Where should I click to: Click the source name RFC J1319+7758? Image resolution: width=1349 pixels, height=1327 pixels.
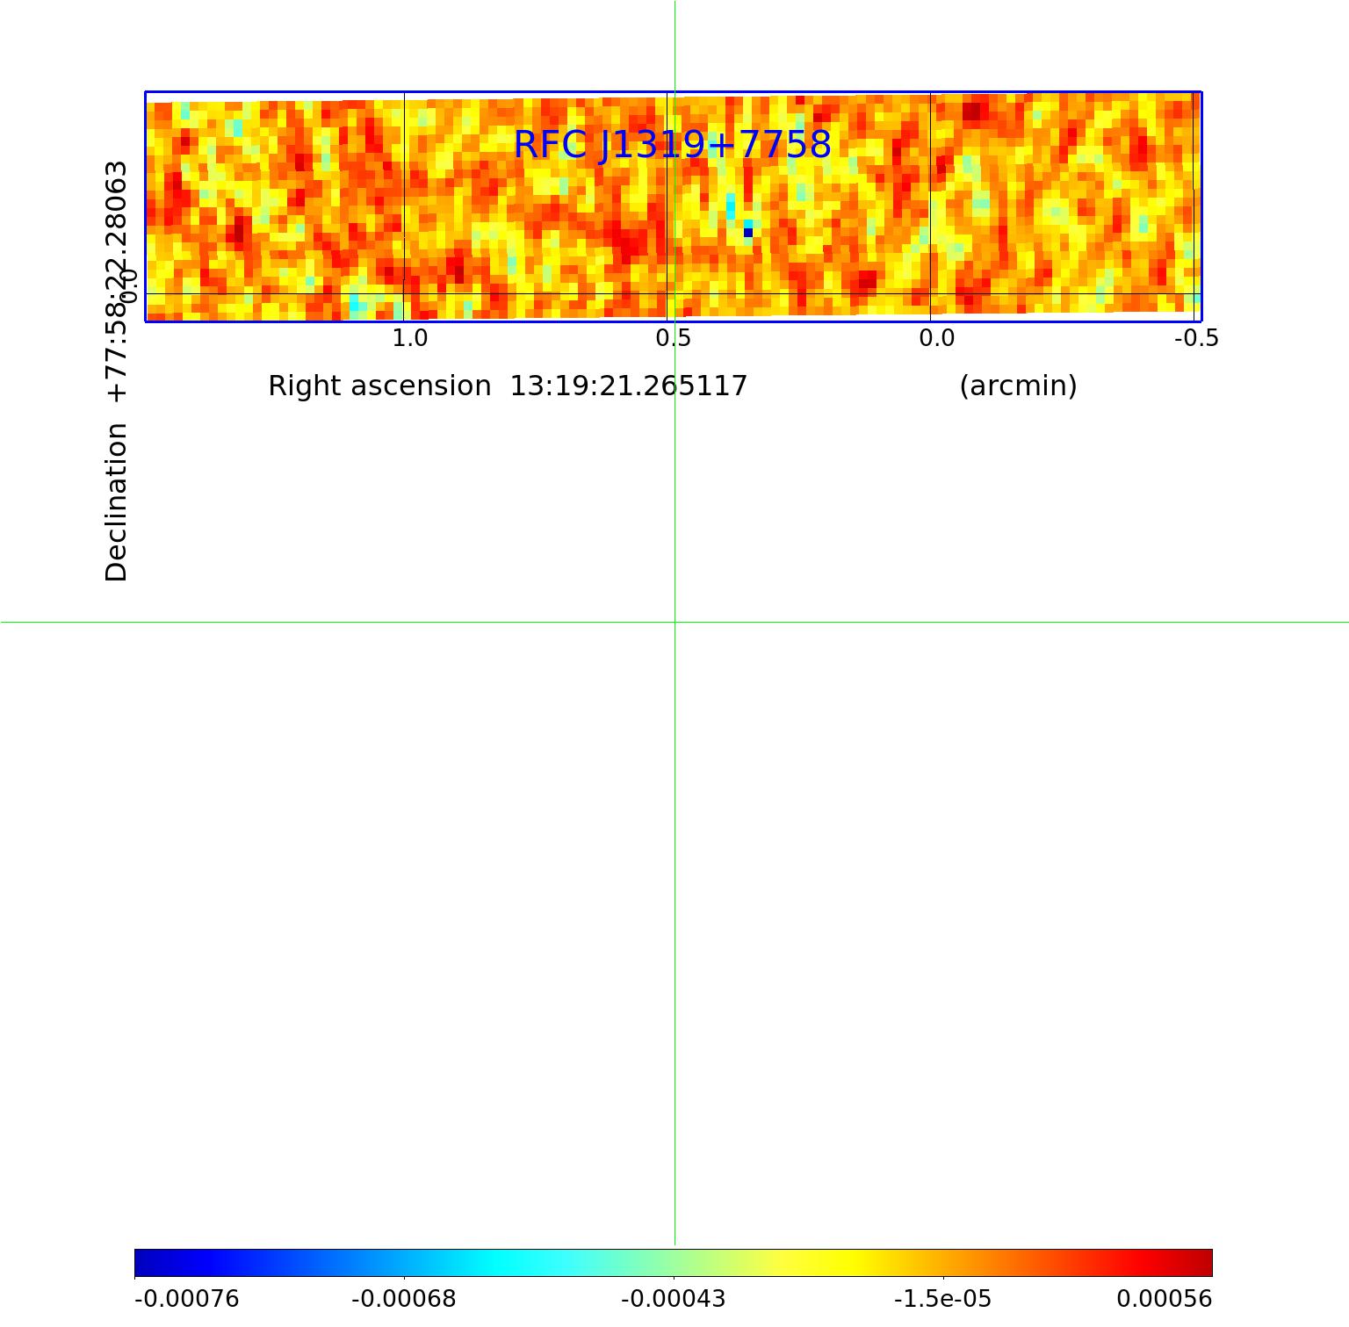pyautogui.click(x=672, y=145)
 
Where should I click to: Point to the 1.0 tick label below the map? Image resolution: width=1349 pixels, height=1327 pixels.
pyautogui.click(x=409, y=338)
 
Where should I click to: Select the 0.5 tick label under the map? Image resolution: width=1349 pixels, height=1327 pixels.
pyautogui.click(x=673, y=338)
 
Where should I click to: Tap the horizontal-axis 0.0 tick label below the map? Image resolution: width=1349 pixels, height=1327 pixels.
pyautogui.click(x=936, y=338)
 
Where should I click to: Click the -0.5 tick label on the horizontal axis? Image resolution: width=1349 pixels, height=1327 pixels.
pyautogui.click(x=1196, y=338)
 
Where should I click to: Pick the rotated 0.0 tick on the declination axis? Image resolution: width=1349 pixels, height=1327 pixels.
pyautogui.click(x=128, y=285)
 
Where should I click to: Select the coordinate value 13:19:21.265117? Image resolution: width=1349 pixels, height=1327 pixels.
pyautogui.click(x=629, y=386)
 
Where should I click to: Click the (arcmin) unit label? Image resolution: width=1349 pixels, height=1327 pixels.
pyautogui.click(x=1018, y=386)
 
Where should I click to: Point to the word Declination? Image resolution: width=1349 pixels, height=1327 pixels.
pyautogui.click(x=116, y=502)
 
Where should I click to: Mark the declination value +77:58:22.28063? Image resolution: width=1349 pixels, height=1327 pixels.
pyautogui.click(x=116, y=281)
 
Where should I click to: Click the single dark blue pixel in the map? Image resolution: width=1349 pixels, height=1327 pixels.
pyautogui.click(x=748, y=233)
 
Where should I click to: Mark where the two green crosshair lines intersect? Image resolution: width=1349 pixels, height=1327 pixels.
pyautogui.click(x=674, y=622)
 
